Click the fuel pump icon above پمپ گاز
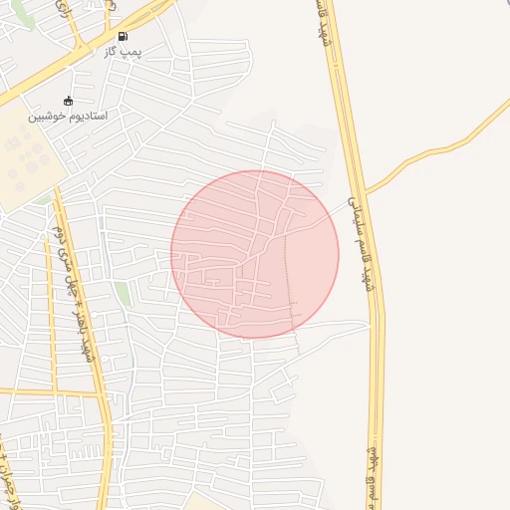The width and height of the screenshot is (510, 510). [x=123, y=36]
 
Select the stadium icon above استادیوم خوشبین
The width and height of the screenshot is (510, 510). [x=68, y=101]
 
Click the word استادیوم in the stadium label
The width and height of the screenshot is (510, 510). [x=87, y=116]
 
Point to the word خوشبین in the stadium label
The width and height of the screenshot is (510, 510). [x=46, y=116]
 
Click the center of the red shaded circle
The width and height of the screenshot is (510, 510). [x=255, y=254]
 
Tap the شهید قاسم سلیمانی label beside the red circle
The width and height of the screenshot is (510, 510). [x=363, y=243]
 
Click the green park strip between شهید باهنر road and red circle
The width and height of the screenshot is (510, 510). [x=123, y=295]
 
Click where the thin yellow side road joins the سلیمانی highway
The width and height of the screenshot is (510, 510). [x=366, y=190]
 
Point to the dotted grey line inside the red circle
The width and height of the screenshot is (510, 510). [x=290, y=279]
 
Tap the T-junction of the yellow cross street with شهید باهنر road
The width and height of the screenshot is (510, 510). [x=104, y=393]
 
